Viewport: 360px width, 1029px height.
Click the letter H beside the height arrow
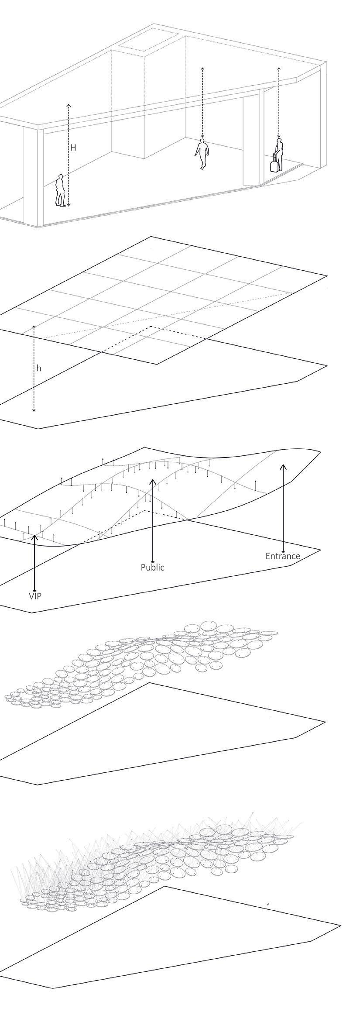click(x=73, y=148)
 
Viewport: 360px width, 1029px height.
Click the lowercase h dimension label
click(x=39, y=368)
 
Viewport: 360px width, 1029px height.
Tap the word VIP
click(x=35, y=595)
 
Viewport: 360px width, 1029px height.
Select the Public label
click(x=152, y=568)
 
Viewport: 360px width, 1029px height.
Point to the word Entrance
click(x=283, y=556)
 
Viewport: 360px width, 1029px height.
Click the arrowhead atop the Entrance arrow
click(x=283, y=466)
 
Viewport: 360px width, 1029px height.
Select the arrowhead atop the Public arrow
click(x=152, y=480)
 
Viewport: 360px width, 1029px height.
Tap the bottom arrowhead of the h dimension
click(x=34, y=410)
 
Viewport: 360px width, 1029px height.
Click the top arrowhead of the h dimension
click(x=34, y=327)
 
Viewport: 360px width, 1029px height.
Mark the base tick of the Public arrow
click(x=152, y=561)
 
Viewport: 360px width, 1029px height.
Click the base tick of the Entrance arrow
click(x=283, y=549)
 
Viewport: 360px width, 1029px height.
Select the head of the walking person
click(x=202, y=141)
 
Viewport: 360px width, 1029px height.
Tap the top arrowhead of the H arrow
click(x=68, y=105)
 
